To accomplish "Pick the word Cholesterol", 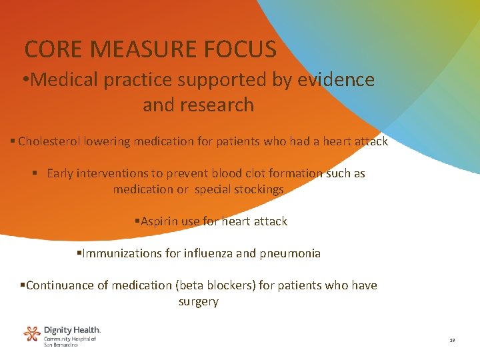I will (x=46, y=141).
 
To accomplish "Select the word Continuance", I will (x=63, y=285).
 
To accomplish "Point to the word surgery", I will (x=199, y=301).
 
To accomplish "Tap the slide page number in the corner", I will (x=452, y=341).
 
